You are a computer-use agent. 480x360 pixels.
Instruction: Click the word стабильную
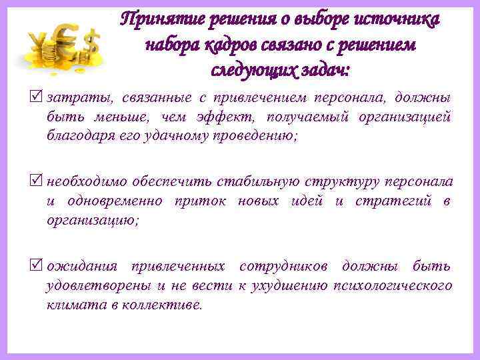pos(259,182)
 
